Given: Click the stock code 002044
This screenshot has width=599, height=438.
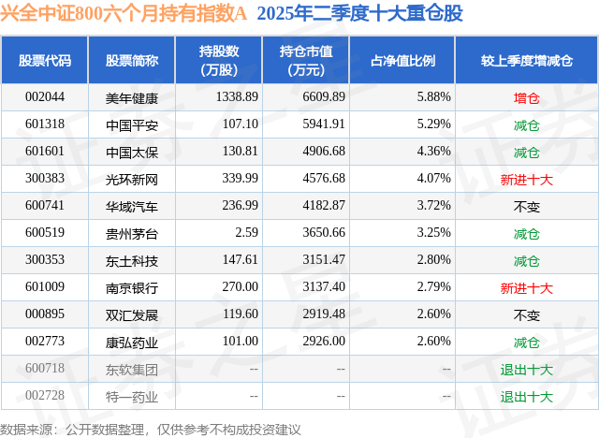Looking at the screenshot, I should tap(45, 96).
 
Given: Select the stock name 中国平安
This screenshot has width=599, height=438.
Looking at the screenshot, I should tap(132, 124).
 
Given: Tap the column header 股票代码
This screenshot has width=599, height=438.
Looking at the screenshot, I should tap(45, 60).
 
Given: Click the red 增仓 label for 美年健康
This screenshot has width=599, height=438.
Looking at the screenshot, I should tap(526, 96).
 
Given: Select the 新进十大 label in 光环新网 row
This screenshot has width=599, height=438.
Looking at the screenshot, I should tap(526, 178).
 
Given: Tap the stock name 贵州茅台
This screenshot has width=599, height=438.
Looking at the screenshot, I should tap(132, 233).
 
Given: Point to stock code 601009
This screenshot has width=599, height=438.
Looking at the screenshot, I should tap(45, 288).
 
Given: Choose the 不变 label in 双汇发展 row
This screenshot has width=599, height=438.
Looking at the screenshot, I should tap(526, 315).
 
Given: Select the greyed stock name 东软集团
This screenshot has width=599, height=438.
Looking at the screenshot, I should tap(132, 370).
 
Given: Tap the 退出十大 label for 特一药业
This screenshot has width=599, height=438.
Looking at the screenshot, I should tap(526, 397).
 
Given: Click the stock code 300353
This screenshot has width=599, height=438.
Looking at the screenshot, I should tap(45, 260).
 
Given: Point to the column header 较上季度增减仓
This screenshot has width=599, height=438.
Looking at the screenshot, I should tap(526, 60).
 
